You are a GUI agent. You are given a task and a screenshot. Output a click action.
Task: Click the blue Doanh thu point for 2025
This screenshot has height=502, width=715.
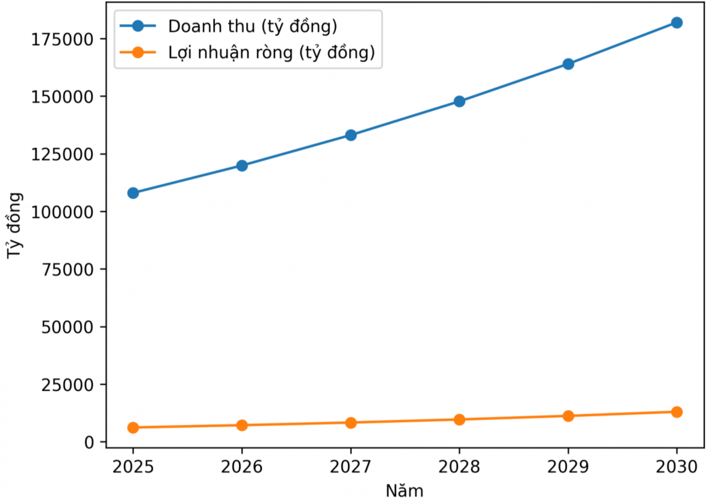[133, 193]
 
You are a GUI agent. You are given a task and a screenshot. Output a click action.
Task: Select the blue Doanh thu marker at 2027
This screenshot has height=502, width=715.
[350, 135]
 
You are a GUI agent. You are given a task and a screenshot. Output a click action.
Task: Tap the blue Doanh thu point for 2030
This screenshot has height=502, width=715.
[676, 22]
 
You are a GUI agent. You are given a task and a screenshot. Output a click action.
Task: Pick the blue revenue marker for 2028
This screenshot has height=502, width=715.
[459, 101]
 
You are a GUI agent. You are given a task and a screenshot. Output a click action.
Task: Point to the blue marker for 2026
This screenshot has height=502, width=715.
[242, 166]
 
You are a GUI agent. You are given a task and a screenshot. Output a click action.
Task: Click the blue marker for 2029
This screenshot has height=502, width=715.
[568, 64]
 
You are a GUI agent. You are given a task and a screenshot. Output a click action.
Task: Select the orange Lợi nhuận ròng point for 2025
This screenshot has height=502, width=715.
[133, 427]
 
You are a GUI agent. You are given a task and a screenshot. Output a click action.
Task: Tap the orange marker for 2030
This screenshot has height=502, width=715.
[676, 412]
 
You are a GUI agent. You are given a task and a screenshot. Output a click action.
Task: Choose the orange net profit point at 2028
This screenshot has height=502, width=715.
[459, 420]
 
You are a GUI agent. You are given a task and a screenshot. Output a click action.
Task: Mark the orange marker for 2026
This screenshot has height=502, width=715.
[242, 425]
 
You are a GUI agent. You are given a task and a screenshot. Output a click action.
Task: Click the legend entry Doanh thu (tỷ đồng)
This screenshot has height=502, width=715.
[252, 26]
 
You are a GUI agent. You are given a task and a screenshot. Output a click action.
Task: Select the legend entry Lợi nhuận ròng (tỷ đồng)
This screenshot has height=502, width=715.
[271, 53]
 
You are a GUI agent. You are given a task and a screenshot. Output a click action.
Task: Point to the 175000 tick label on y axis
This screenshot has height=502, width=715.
[65, 39]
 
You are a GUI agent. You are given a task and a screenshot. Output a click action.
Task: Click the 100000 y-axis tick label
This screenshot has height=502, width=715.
[65, 212]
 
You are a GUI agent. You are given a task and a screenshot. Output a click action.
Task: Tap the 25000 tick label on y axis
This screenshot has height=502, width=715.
[69, 385]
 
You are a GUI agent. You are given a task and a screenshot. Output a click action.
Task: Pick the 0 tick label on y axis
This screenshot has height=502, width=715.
[90, 442]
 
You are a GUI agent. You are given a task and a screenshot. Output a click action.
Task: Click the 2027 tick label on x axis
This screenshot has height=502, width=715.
[350, 467]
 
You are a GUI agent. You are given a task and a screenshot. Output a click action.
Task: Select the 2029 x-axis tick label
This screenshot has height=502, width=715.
[568, 467]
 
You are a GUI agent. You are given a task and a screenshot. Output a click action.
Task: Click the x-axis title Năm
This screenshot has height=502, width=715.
[404, 491]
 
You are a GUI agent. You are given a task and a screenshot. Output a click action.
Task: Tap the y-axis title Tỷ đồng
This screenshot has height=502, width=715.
[15, 226]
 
